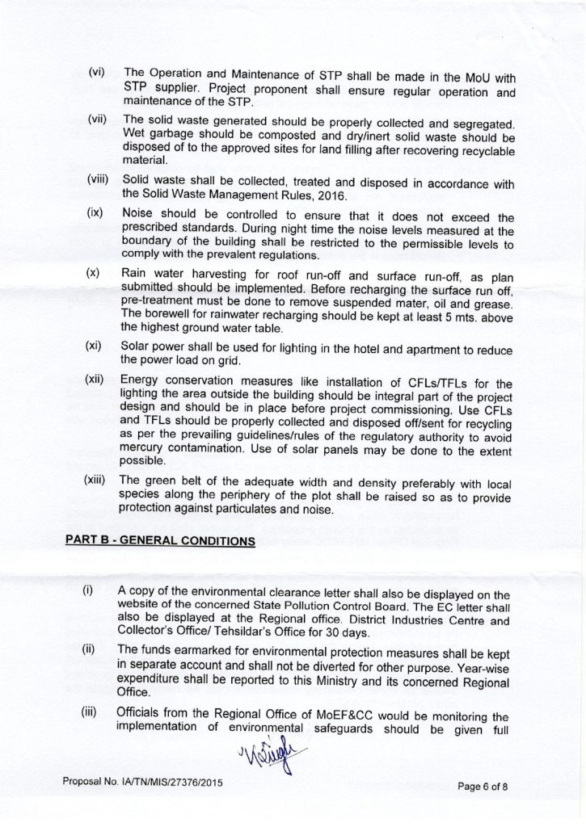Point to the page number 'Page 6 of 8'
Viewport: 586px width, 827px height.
point(487,784)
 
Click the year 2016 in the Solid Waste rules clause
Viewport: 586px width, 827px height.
point(327,196)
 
